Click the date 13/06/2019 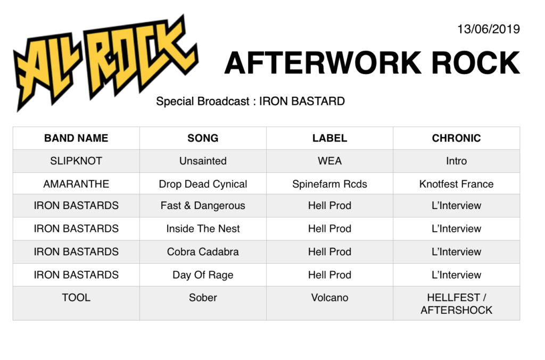[x=489, y=29]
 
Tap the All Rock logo [x=106, y=63]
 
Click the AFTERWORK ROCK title [x=372, y=63]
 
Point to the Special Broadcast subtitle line [x=250, y=102]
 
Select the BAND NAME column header [x=76, y=138]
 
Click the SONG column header [x=203, y=138]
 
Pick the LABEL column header [x=329, y=138]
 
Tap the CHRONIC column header [x=456, y=138]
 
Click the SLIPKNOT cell [x=76, y=161]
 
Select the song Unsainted [x=203, y=161]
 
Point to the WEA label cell [x=329, y=161]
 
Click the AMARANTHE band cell [x=76, y=184]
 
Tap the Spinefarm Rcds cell [x=329, y=184]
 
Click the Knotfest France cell [x=456, y=184]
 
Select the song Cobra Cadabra [x=203, y=252]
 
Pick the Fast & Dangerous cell [x=203, y=206]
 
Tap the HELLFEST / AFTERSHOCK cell [x=456, y=304]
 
